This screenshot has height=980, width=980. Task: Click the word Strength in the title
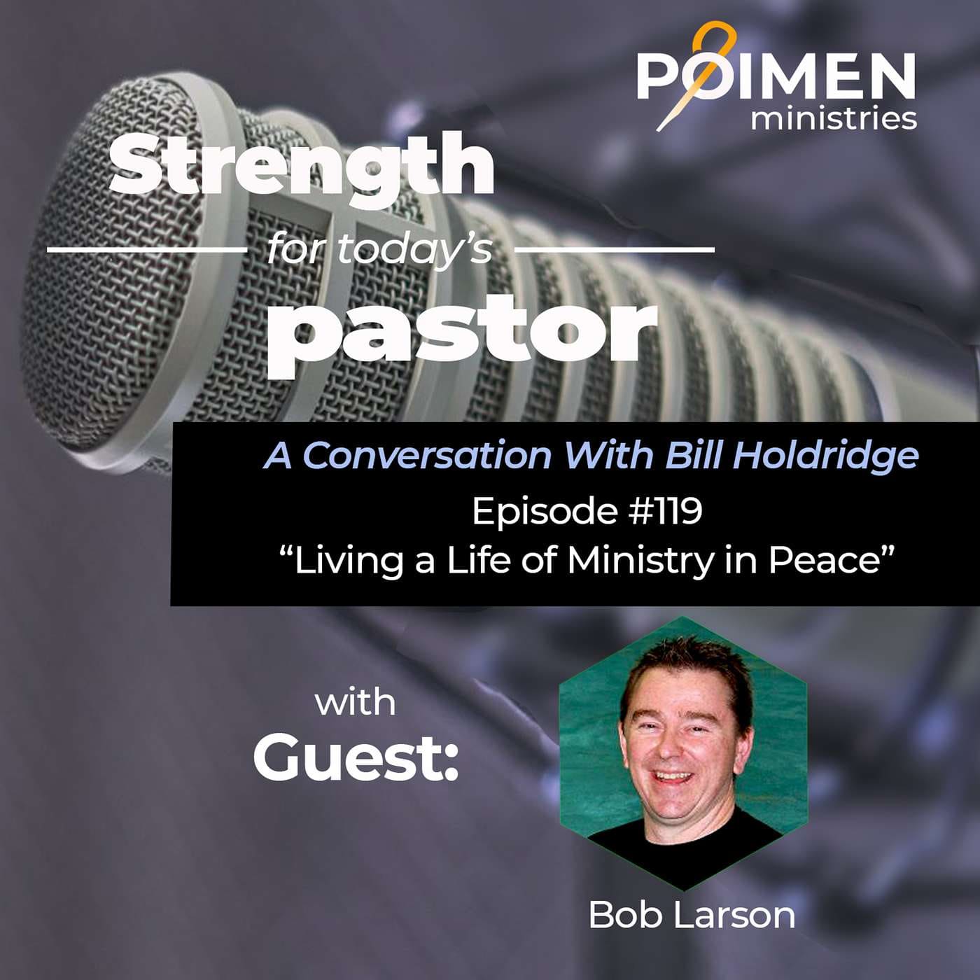pos(301,167)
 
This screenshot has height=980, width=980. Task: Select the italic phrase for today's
pos(379,248)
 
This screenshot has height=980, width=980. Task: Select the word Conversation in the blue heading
pos(427,456)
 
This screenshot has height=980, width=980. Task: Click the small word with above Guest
pos(355,702)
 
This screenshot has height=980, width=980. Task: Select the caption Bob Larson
pos(692,914)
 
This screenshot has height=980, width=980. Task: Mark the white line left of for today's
pos(146,249)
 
